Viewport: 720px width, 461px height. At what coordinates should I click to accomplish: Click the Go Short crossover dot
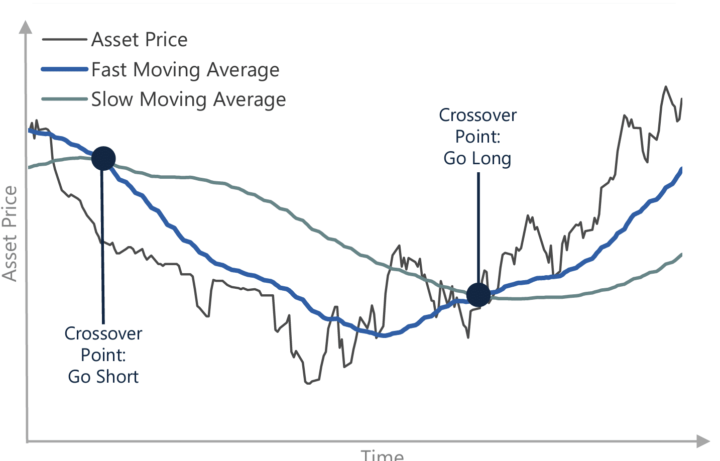pyautogui.click(x=103, y=159)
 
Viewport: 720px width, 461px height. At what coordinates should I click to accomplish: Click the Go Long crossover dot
pyautogui.click(x=478, y=295)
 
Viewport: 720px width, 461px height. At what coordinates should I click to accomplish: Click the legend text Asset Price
pyautogui.click(x=139, y=40)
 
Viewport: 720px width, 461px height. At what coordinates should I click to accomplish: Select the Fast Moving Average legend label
pyautogui.click(x=185, y=70)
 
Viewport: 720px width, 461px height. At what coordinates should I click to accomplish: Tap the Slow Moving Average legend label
pyautogui.click(x=188, y=99)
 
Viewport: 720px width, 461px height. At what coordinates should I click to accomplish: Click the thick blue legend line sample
pyautogui.click(x=65, y=69)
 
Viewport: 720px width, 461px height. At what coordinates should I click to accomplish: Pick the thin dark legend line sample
pyautogui.click(x=65, y=39)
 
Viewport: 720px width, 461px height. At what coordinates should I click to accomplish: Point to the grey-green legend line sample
pyautogui.click(x=65, y=99)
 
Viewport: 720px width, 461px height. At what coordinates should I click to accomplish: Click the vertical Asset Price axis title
pyautogui.click(x=10, y=233)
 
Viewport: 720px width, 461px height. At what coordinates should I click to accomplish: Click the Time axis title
pyautogui.click(x=382, y=455)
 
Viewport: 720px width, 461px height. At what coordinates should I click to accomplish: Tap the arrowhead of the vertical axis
pyautogui.click(x=25, y=27)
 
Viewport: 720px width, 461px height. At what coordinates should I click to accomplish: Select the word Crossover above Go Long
pyautogui.click(x=477, y=116)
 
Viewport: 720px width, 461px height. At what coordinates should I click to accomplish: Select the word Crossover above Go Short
pyautogui.click(x=103, y=334)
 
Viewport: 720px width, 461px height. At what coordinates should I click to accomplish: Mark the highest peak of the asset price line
pyautogui.click(x=666, y=87)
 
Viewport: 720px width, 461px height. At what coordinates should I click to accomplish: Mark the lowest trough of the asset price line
pyautogui.click(x=308, y=384)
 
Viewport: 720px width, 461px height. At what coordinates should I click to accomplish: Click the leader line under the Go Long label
pyautogui.click(x=478, y=226)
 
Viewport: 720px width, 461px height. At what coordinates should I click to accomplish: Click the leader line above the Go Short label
pyautogui.click(x=103, y=251)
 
